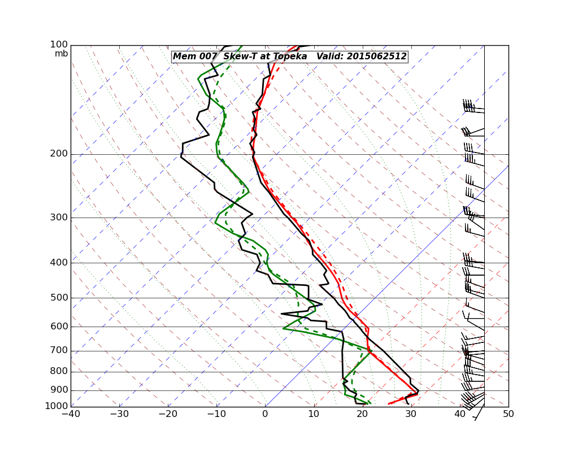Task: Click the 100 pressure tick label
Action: point(59,45)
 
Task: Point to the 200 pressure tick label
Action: point(59,154)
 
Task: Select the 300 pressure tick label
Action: point(59,218)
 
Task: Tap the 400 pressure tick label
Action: point(59,263)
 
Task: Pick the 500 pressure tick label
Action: point(59,298)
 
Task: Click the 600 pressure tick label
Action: point(59,327)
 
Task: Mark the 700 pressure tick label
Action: point(59,351)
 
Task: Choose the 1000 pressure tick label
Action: point(56,406)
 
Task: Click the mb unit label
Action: point(61,54)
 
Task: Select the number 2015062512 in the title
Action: point(376,56)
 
